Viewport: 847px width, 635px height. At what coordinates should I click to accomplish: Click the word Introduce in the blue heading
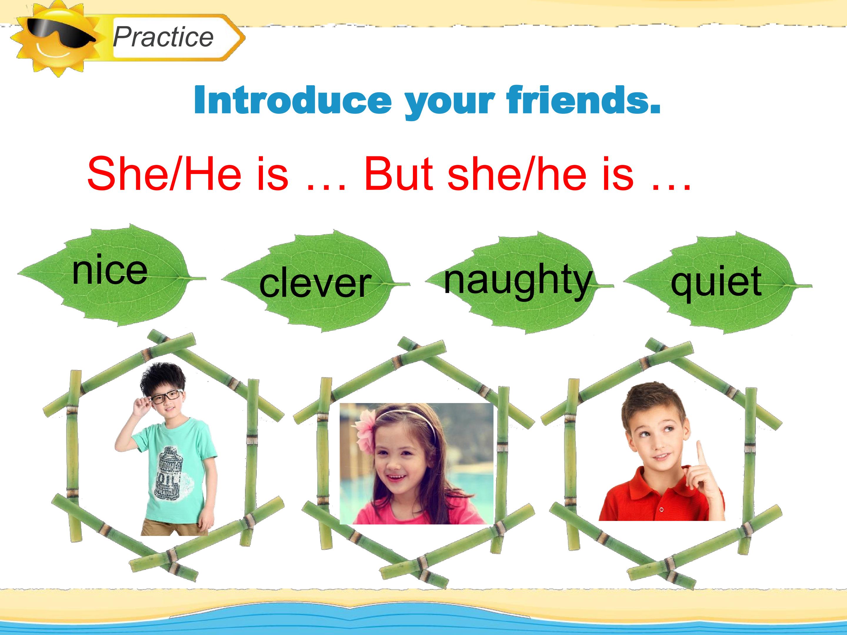pyautogui.click(x=293, y=100)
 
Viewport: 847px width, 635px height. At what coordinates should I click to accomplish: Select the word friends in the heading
pyautogui.click(x=583, y=100)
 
